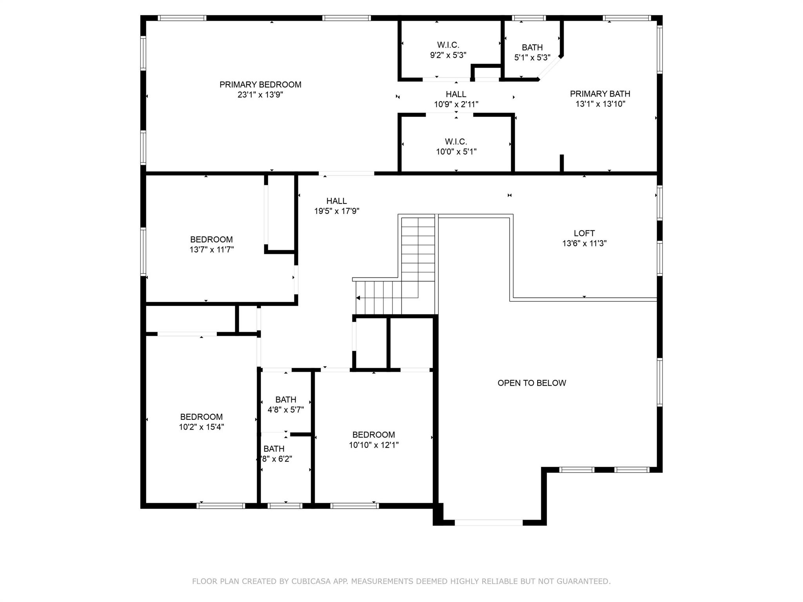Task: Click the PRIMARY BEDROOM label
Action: [260, 85]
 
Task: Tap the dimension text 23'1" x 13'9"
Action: [260, 95]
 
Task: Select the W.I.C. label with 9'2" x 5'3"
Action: [448, 45]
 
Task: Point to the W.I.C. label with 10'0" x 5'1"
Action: [456, 141]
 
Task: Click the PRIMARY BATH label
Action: [600, 94]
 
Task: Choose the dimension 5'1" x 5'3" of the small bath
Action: [532, 58]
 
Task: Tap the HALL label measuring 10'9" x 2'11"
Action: [456, 94]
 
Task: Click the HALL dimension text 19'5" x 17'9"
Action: [336, 211]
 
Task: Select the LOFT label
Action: [584, 233]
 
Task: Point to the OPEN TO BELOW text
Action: [532, 383]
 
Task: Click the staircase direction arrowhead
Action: [358, 298]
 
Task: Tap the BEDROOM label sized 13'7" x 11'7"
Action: [211, 239]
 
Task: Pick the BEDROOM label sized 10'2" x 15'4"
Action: [202, 417]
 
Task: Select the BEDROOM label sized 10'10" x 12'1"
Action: [374, 435]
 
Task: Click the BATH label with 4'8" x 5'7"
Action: [285, 400]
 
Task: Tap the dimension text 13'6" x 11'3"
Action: [584, 243]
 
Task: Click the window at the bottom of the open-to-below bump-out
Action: [489, 522]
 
